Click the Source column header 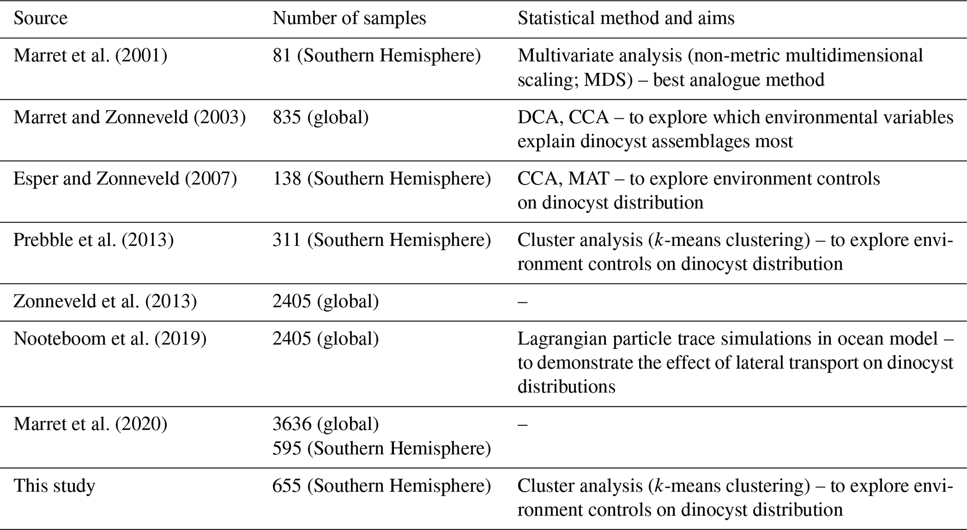[40, 18]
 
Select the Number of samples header [349, 18]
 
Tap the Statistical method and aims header [625, 18]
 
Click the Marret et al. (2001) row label [90, 56]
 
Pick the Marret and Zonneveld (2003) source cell [129, 117]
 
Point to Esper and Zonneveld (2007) [125, 179]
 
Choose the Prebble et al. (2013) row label [94, 240]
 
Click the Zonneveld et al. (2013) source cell [105, 301]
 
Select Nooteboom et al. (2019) [110, 339]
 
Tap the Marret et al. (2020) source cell [90, 424]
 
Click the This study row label [54, 486]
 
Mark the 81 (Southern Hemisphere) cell [377, 56]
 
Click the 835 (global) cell [320, 117]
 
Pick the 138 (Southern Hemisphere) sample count [382, 179]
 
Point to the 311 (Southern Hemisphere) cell [382, 240]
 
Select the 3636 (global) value [326, 424]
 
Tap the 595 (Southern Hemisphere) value [382, 448]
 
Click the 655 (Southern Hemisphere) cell [382, 486]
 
